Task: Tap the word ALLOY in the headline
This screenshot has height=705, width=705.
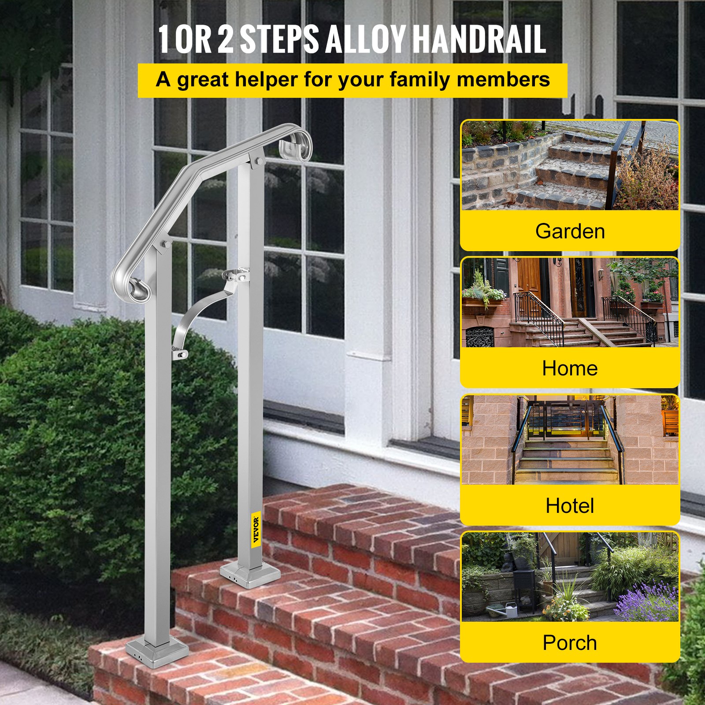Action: (x=365, y=39)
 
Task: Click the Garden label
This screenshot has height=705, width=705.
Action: (x=570, y=231)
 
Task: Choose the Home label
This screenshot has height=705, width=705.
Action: (x=570, y=368)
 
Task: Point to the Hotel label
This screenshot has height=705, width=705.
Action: (x=570, y=506)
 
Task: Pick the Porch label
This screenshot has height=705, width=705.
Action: (x=570, y=643)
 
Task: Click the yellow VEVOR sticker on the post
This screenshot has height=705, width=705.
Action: (x=256, y=530)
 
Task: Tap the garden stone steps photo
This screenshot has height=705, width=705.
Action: (x=570, y=165)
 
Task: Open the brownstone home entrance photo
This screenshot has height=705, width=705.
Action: (x=570, y=302)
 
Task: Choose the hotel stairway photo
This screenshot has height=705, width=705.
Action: (x=570, y=440)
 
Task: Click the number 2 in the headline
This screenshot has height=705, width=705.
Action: (x=225, y=39)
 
